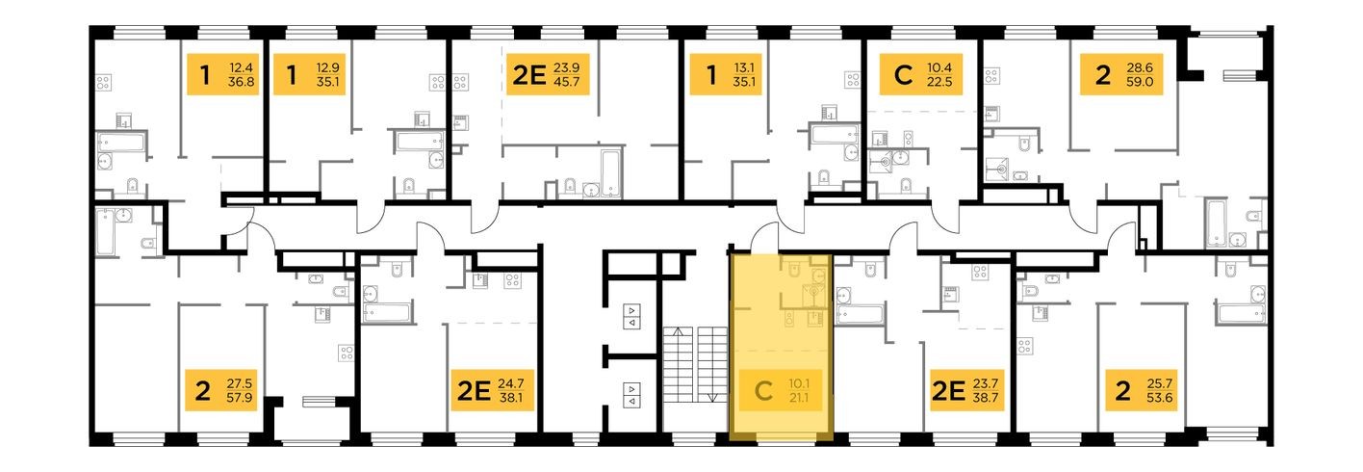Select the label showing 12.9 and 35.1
point(303,75)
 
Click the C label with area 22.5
point(915,75)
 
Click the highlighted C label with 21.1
point(781,393)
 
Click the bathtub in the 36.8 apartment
point(120,143)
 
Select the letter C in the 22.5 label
point(901,75)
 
